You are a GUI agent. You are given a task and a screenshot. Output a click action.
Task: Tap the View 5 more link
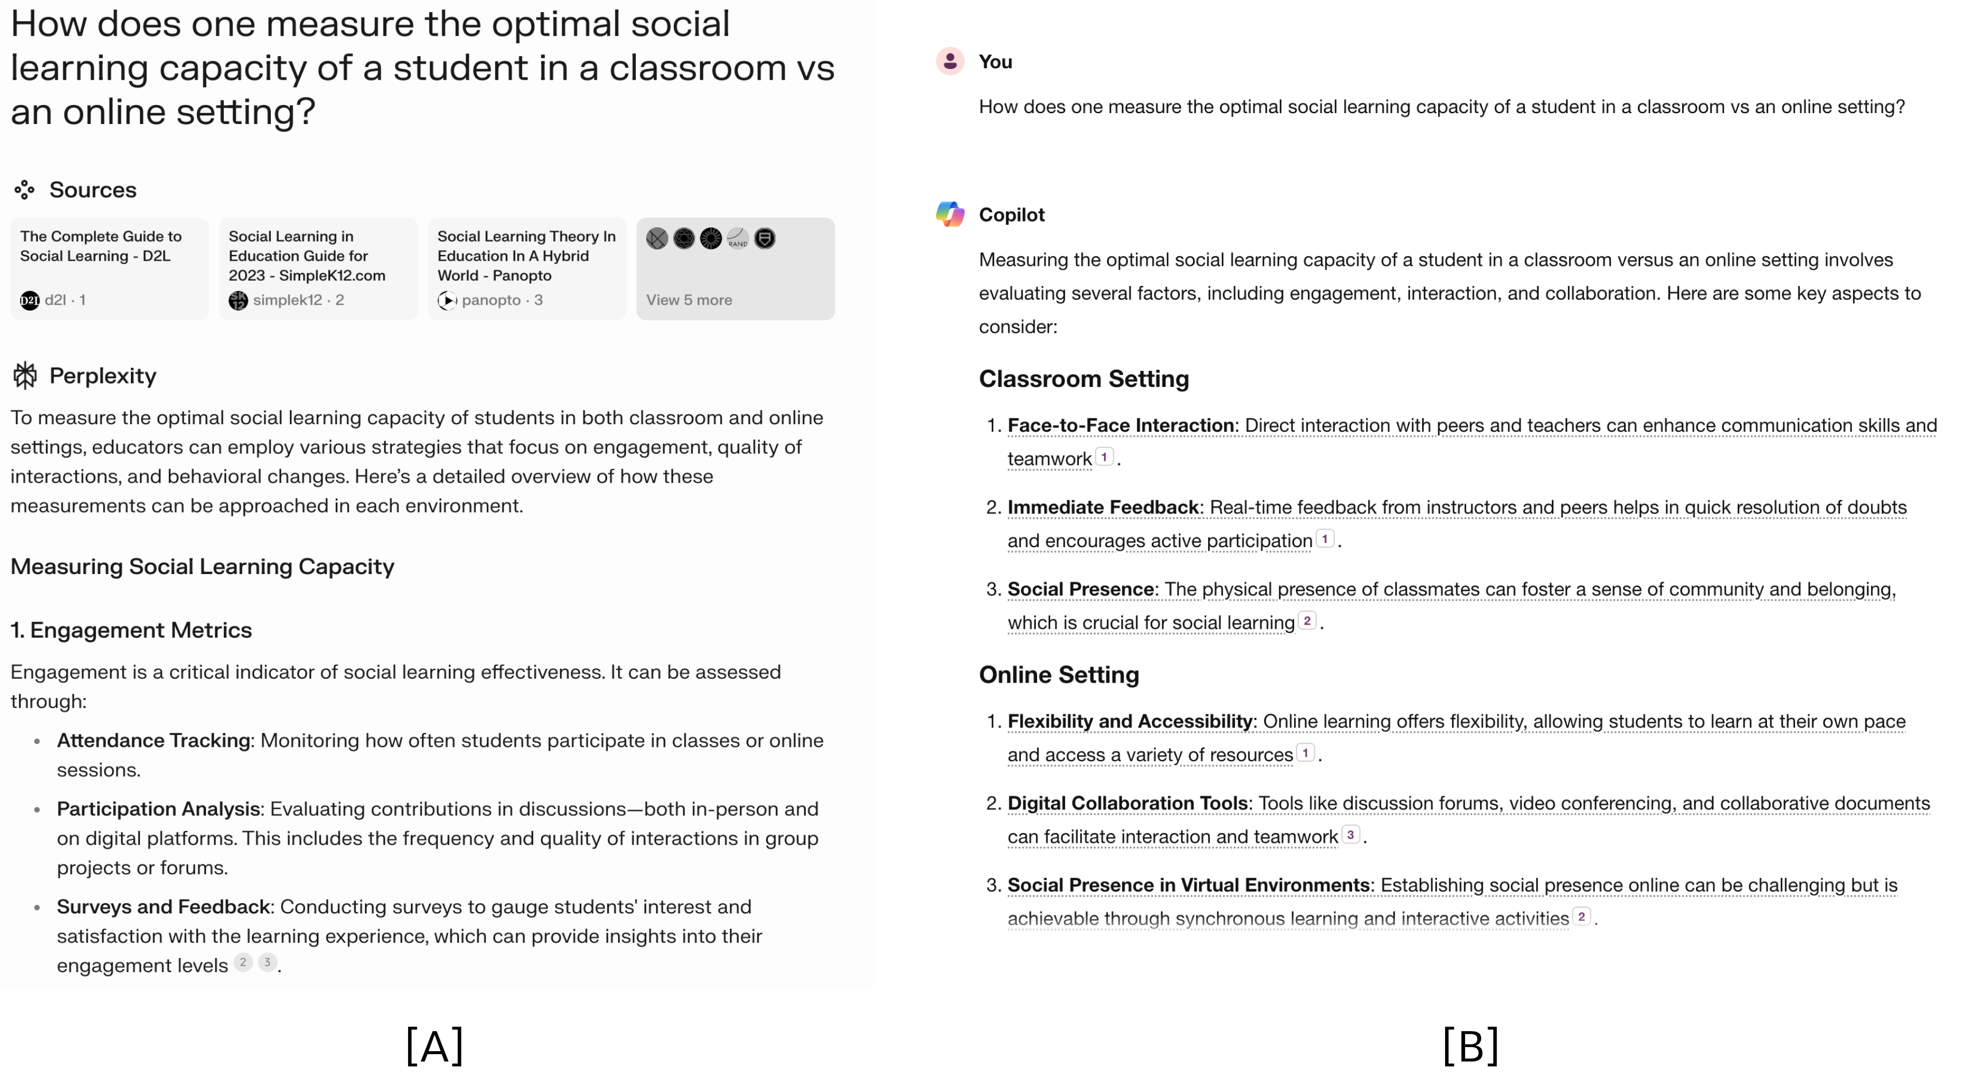coord(689,300)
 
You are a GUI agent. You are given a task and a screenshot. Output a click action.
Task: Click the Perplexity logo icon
coord(25,375)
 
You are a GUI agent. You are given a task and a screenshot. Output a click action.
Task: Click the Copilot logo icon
coord(950,215)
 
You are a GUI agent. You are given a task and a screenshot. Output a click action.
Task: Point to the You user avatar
coord(950,61)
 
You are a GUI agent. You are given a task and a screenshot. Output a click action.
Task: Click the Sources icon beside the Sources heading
coord(25,190)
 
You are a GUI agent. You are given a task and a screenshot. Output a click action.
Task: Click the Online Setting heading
coord(1059,675)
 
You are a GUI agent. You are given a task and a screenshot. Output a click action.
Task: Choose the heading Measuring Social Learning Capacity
coord(202,567)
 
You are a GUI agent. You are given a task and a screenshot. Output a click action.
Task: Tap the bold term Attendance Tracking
coord(153,741)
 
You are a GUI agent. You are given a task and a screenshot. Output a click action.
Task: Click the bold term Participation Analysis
coord(158,809)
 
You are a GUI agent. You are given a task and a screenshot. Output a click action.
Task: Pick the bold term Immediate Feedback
coord(1103,507)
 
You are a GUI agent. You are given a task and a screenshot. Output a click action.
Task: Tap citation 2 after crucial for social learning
coord(1307,621)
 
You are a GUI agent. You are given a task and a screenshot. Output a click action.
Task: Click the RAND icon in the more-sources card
coord(737,239)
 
